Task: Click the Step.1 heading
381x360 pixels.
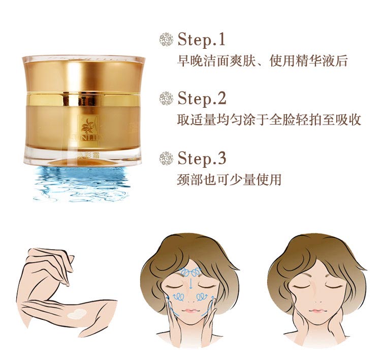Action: (201, 40)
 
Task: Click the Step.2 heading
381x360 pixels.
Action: (202, 98)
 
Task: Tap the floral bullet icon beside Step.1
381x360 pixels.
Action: (166, 40)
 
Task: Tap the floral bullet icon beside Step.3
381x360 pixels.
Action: (166, 158)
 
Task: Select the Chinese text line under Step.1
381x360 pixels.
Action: (262, 62)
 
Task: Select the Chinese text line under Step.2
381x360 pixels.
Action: (269, 120)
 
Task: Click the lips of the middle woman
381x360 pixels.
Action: (190, 310)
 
